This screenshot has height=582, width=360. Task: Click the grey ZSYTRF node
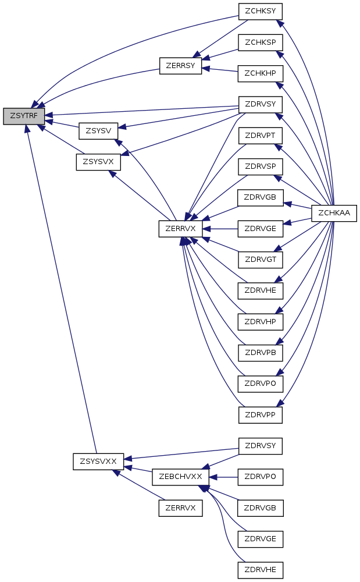pyautogui.click(x=24, y=116)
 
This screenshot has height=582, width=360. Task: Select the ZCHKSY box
pyautogui.click(x=260, y=11)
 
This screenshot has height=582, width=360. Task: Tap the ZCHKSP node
pyautogui.click(x=260, y=42)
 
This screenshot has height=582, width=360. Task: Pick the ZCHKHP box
pyautogui.click(x=260, y=73)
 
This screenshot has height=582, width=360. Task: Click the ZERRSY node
pyautogui.click(x=180, y=65)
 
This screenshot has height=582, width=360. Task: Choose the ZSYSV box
pyautogui.click(x=98, y=131)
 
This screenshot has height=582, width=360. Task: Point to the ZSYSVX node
pyautogui.click(x=98, y=162)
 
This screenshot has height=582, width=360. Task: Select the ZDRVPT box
pyautogui.click(x=260, y=136)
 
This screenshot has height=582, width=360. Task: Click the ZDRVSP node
pyautogui.click(x=260, y=167)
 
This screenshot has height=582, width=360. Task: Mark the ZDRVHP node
pyautogui.click(x=260, y=321)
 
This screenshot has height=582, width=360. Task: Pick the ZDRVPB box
pyautogui.click(x=260, y=353)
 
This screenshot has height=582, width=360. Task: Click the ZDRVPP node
pyautogui.click(x=260, y=415)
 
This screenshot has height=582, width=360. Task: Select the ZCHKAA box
pyautogui.click(x=334, y=214)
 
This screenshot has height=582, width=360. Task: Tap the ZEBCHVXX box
pyautogui.click(x=180, y=477)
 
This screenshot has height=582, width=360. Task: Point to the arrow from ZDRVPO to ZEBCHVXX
pyautogui.click(x=224, y=477)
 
